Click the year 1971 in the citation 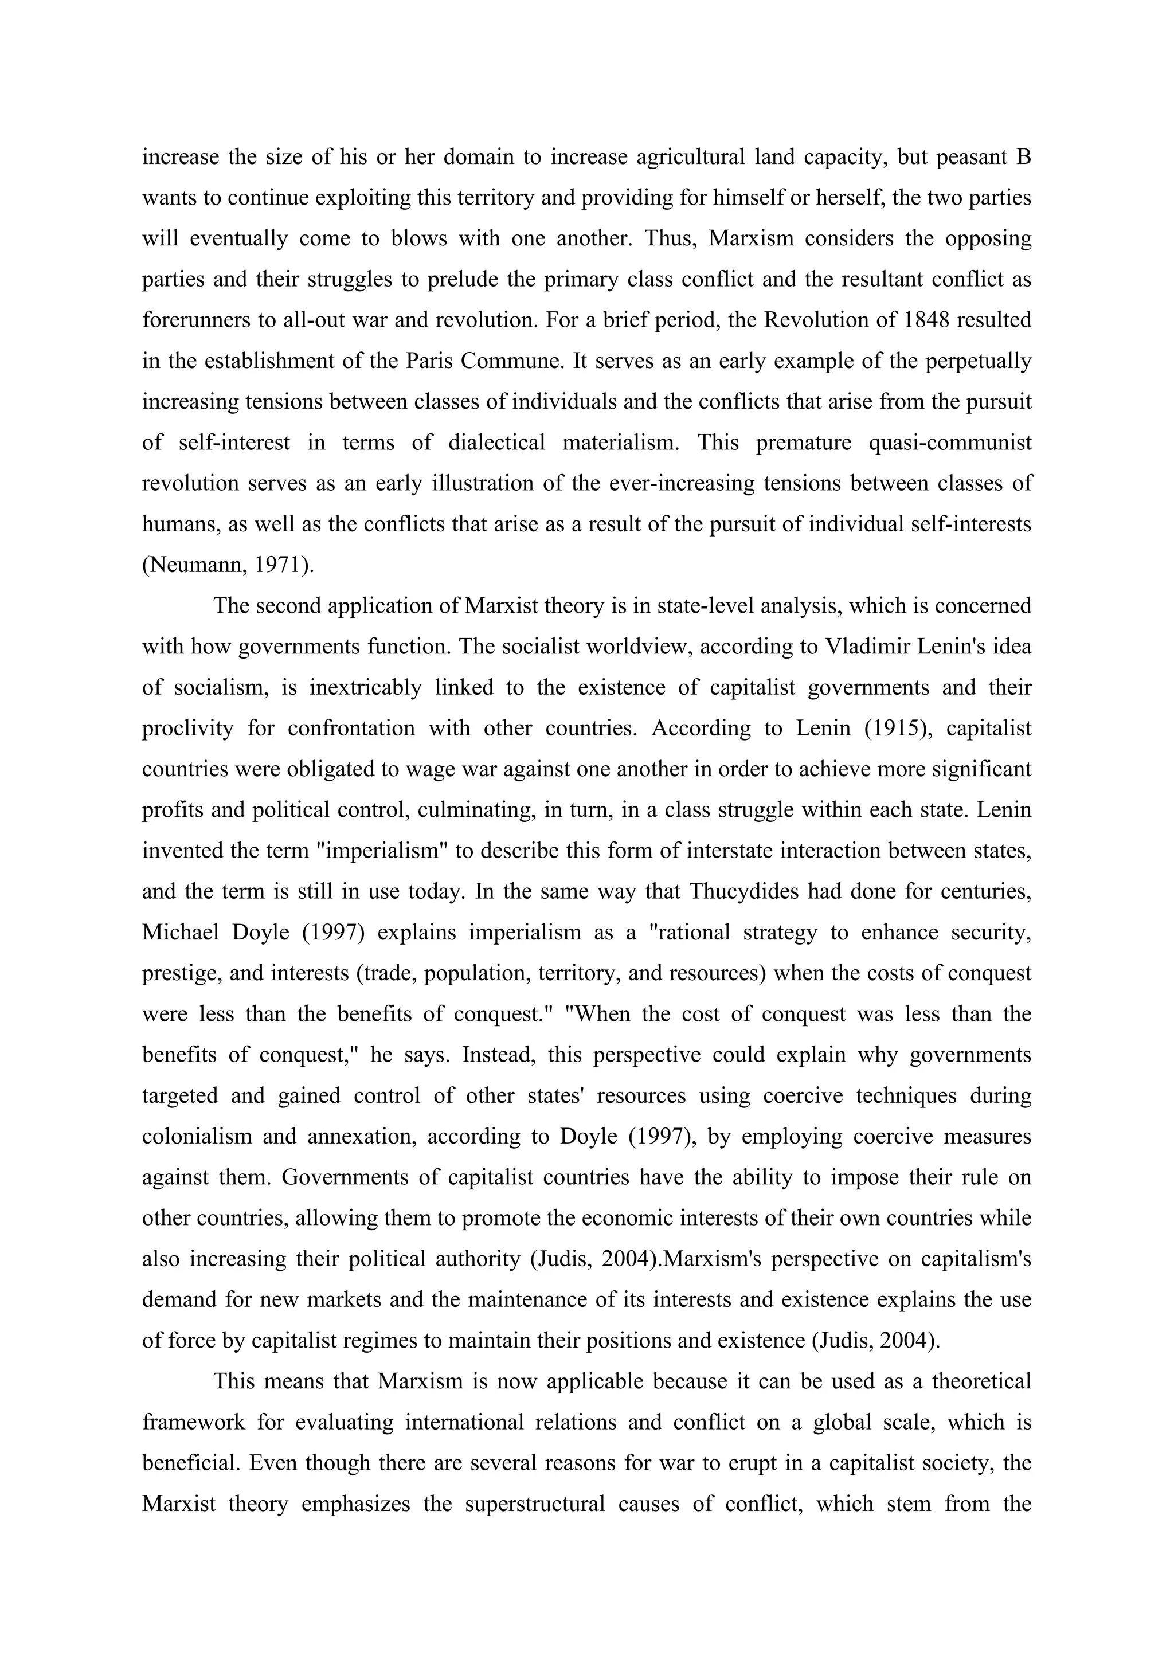279,565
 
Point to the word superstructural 534,1504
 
